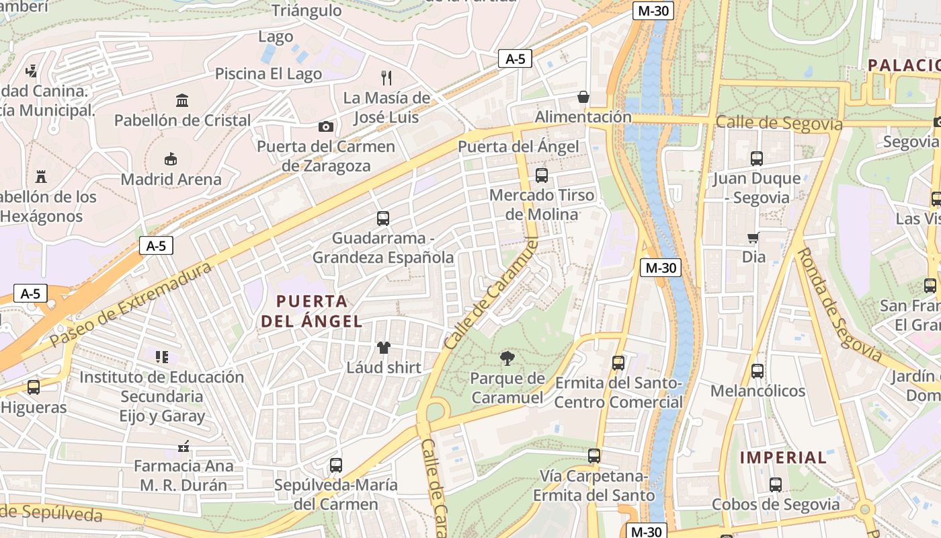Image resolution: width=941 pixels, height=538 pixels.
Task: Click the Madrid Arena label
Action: [x=171, y=180]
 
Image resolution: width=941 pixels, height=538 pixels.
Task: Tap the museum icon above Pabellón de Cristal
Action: [x=182, y=101]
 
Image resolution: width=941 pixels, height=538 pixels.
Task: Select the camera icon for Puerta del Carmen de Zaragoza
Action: [x=325, y=126]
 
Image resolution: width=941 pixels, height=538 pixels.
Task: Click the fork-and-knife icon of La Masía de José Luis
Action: [x=386, y=77]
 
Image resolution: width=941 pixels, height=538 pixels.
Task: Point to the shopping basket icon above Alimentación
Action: [x=583, y=98]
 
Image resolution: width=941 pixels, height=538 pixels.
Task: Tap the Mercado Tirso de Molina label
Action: [x=542, y=204]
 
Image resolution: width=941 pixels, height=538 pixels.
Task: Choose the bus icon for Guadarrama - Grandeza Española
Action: [x=383, y=219]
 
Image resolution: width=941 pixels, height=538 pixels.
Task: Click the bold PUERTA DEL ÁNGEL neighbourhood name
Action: [x=312, y=311]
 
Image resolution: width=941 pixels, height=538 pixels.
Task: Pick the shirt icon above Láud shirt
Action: [x=384, y=348]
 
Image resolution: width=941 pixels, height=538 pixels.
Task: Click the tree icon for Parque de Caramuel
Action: [x=507, y=358]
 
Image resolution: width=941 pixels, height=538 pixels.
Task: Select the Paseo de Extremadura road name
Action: [x=131, y=304]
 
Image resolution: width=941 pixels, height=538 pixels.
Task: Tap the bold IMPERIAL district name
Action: [x=783, y=457]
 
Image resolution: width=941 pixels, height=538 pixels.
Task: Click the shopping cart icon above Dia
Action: [x=753, y=237]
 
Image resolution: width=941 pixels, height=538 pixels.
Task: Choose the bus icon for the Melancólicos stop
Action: [x=758, y=371]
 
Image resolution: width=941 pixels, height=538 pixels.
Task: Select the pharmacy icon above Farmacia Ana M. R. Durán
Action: [x=183, y=447]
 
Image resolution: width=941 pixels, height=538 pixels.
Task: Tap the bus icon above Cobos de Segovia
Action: [x=775, y=484]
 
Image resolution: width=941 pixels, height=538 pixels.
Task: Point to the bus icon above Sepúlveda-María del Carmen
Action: [x=336, y=465]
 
